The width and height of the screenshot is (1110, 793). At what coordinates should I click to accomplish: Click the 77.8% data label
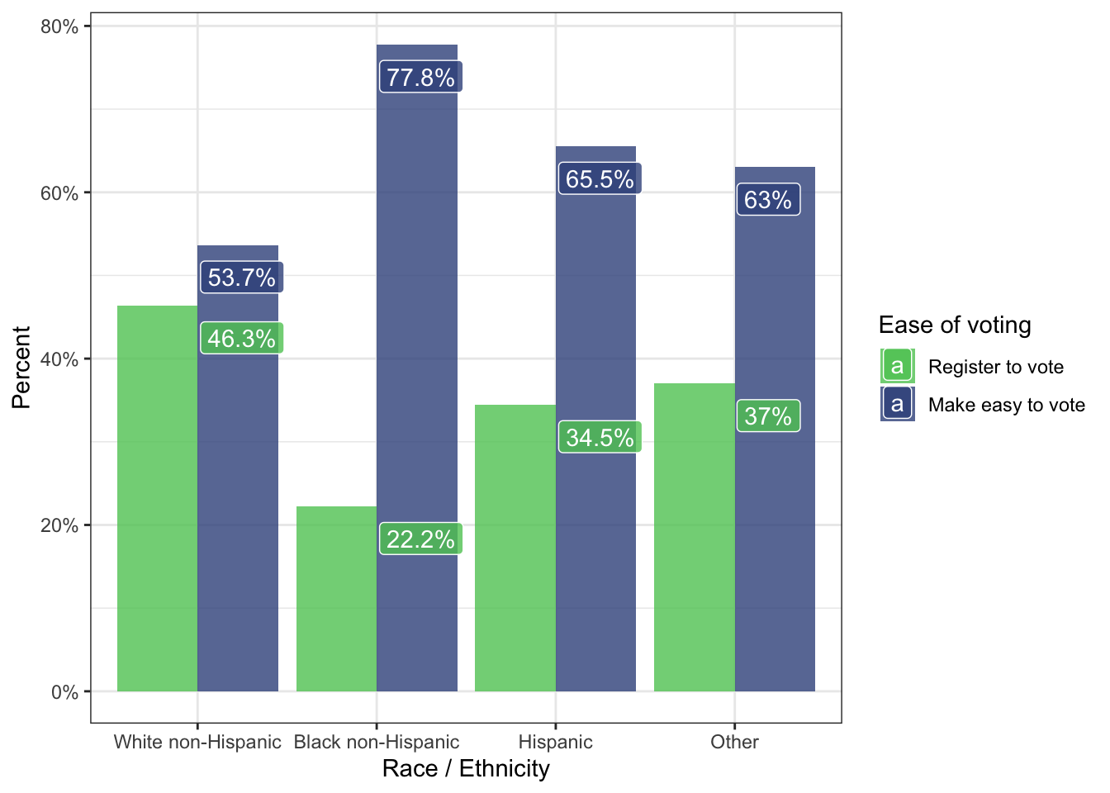pyautogui.click(x=420, y=78)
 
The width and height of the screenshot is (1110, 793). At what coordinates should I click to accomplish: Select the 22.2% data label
pyautogui.click(x=420, y=539)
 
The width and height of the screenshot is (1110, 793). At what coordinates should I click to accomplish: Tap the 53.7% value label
pyautogui.click(x=241, y=278)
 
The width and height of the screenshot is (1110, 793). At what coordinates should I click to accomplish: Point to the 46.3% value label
pyautogui.click(x=241, y=339)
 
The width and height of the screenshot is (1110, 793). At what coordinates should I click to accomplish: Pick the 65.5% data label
pyautogui.click(x=600, y=179)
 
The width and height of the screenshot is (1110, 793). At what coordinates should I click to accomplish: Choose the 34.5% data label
pyautogui.click(x=600, y=438)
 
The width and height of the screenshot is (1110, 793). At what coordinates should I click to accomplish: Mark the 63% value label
pyautogui.click(x=767, y=200)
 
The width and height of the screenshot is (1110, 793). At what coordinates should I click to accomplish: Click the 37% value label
pyautogui.click(x=767, y=416)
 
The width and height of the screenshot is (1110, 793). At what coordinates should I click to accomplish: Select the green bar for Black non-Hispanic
pyautogui.click(x=336, y=599)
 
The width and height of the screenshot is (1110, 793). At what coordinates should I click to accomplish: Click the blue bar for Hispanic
pyautogui.click(x=595, y=330)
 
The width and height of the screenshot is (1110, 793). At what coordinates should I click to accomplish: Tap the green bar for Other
pyautogui.click(x=694, y=537)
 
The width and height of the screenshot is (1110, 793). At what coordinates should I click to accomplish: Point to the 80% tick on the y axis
pyautogui.click(x=59, y=26)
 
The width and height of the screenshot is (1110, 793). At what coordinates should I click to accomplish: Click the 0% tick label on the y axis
pyautogui.click(x=64, y=692)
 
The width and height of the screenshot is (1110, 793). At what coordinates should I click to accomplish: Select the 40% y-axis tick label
pyautogui.click(x=59, y=359)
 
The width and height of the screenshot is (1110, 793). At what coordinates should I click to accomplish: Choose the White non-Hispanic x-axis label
pyautogui.click(x=197, y=742)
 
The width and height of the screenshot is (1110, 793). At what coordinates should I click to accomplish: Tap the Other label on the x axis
pyautogui.click(x=734, y=742)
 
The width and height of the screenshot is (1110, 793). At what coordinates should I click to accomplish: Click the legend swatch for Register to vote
pyautogui.click(x=898, y=366)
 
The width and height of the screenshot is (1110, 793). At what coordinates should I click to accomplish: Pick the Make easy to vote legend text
pyautogui.click(x=1006, y=405)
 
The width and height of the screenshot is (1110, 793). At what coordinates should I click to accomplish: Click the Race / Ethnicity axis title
pyautogui.click(x=466, y=769)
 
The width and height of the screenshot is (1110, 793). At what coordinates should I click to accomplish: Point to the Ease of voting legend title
pyautogui.click(x=955, y=325)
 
